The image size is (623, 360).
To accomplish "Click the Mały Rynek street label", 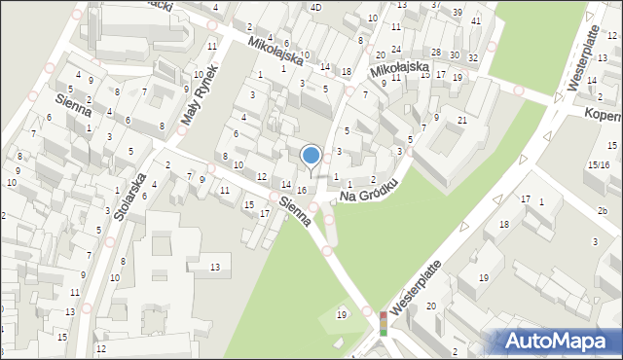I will coord(203,101).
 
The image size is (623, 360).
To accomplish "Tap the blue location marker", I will coord(311,155).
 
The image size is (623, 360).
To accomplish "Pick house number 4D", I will coord(315,7).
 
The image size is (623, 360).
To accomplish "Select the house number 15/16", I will coord(598,165).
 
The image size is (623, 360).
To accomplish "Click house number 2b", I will coord(603,211).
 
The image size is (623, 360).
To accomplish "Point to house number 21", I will coord(462,120).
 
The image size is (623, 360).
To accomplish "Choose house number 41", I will coord(475,20).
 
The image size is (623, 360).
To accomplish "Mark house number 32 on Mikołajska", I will coord(472,58).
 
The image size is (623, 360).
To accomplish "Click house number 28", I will coord(436,53).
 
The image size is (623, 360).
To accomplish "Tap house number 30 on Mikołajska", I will coord(456,54).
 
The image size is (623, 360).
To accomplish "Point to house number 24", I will coord(396,48).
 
